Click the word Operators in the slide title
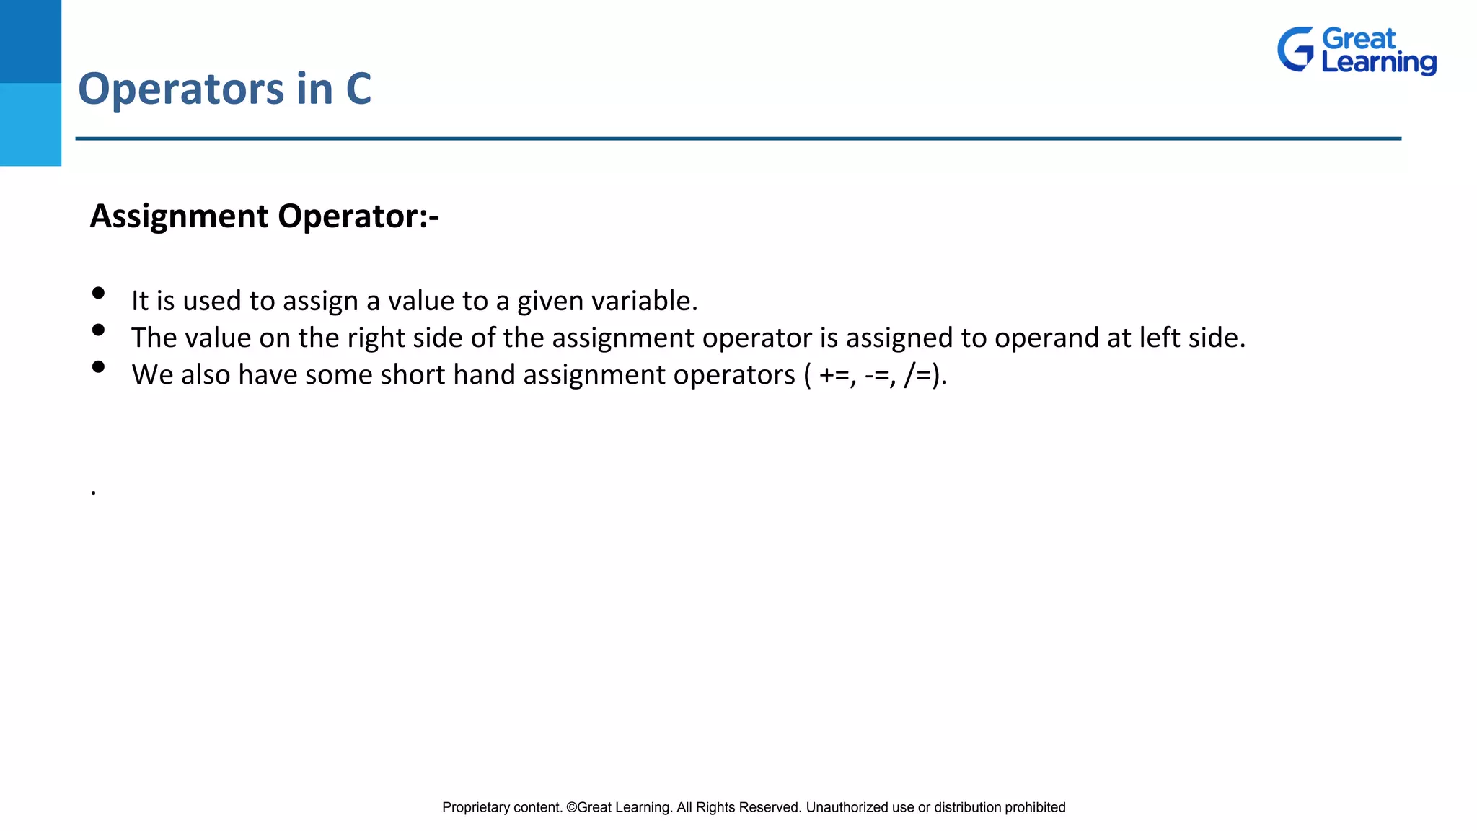181,89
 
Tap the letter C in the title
358,89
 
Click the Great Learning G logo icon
1295,50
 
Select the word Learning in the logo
1379,62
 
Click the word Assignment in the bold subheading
180,216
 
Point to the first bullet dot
99,293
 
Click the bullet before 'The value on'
99,330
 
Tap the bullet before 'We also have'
99,366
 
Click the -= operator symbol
880,375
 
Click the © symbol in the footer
571,808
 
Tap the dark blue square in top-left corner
30,41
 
